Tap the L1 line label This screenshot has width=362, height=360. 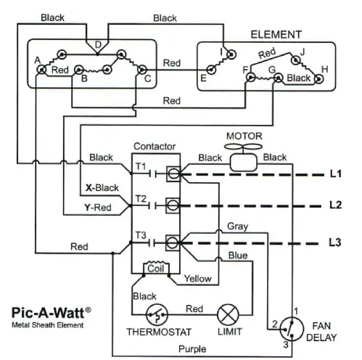(x=334, y=174)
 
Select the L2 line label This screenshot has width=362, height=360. (x=334, y=205)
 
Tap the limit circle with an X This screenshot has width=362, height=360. (x=229, y=314)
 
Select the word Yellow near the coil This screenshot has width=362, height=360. (x=197, y=278)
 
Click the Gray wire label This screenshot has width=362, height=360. (x=237, y=226)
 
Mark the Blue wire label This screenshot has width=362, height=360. (x=237, y=255)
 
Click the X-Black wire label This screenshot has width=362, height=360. (x=102, y=187)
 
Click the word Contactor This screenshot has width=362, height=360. (x=155, y=146)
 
